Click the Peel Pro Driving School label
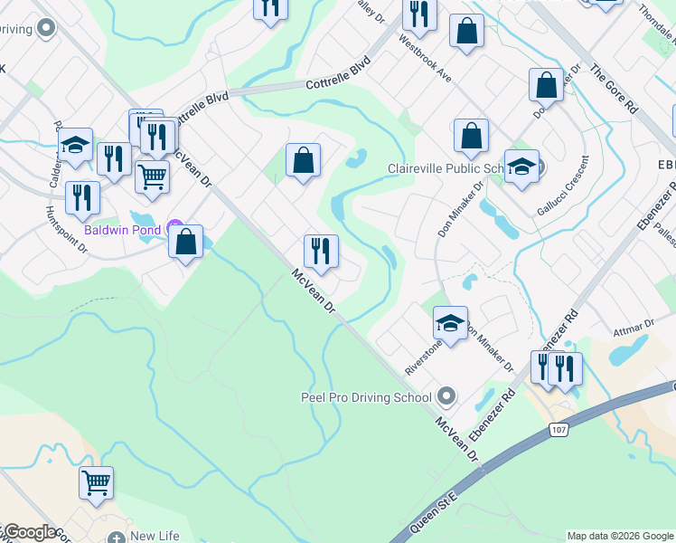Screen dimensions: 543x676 tap(366, 396)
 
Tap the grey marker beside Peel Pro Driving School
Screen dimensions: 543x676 tap(446, 396)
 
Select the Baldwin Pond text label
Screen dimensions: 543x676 tap(123, 230)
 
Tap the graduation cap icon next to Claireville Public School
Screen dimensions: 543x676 tap(521, 167)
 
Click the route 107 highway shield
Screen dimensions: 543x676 tap(560, 430)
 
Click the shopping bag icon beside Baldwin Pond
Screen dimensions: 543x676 tap(186, 243)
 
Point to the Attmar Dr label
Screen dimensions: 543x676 tap(633, 325)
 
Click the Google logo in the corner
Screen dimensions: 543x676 tap(30, 533)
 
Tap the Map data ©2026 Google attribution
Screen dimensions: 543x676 tap(620, 536)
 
